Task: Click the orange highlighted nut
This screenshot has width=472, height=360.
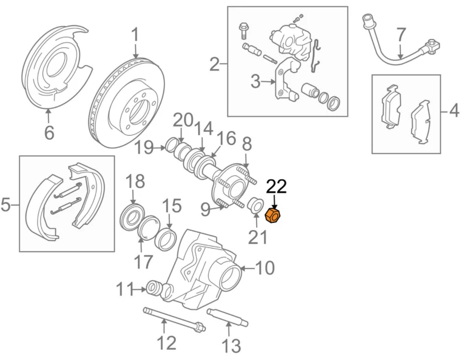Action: pyautogui.click(x=272, y=215)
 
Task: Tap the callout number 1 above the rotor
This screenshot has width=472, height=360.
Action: pyautogui.click(x=135, y=35)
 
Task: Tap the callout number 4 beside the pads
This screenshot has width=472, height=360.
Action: pyautogui.click(x=454, y=111)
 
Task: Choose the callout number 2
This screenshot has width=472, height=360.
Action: pyautogui.click(x=214, y=64)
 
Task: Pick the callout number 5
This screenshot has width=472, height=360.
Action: pyautogui.click(x=6, y=204)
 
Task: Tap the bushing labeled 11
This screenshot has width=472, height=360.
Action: pyautogui.click(x=155, y=289)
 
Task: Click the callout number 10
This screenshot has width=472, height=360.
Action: pyautogui.click(x=265, y=268)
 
